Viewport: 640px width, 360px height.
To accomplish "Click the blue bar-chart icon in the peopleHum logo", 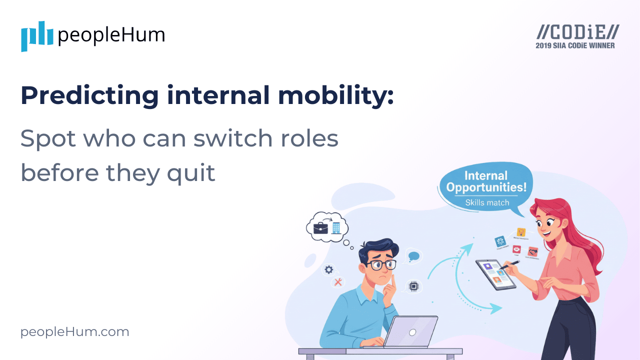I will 36,36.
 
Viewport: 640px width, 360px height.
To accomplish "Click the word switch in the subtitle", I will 230,139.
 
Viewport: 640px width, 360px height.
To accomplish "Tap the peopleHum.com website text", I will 74,332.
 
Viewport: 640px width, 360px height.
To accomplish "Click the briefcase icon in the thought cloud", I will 320,228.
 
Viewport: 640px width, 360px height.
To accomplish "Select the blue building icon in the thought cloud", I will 336,227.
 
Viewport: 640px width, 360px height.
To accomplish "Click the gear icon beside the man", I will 328,270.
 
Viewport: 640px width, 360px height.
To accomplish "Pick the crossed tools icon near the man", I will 338,282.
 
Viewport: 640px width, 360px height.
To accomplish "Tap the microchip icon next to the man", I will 413,286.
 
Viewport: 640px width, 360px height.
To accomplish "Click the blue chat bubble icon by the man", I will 413,256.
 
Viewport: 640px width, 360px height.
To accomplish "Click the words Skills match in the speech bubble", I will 487,202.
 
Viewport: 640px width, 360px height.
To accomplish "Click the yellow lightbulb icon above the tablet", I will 521,232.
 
